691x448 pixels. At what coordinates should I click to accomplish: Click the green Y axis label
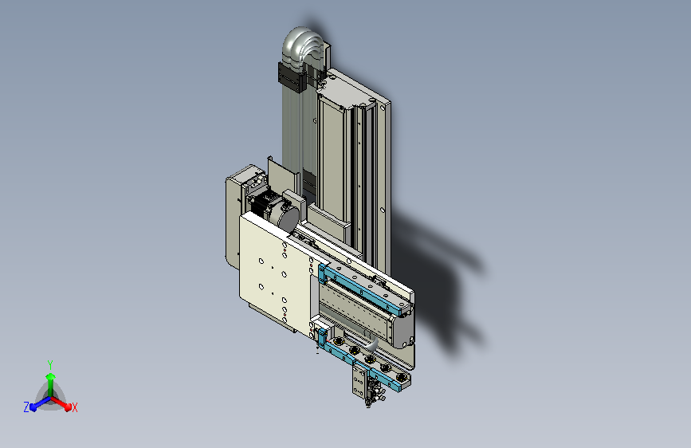pos(49,364)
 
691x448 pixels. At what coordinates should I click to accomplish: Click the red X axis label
pos(74,408)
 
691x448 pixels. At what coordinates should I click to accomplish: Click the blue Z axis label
pos(26,407)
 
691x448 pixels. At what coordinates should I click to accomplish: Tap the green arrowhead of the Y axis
pos(50,377)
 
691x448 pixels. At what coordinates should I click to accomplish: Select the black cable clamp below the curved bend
pos(292,77)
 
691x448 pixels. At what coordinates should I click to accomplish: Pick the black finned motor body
pos(263,204)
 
